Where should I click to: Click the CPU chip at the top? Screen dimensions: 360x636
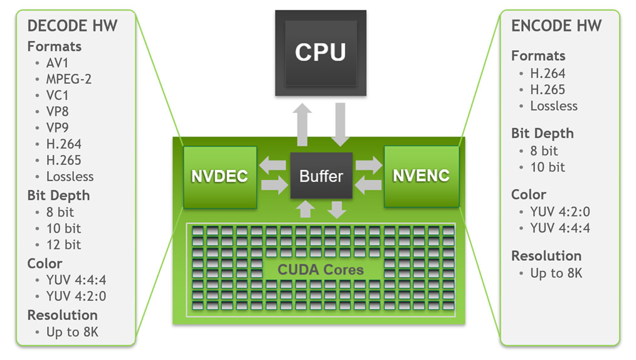(321, 52)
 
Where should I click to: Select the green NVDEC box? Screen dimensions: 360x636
(220, 176)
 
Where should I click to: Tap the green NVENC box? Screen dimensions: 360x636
(421, 176)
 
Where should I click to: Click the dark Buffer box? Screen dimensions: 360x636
(321, 176)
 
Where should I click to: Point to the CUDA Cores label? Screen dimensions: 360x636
(321, 270)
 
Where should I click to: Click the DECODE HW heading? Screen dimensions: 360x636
(72, 26)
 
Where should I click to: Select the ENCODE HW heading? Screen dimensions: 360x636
(556, 26)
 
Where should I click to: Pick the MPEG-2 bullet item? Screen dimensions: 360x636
(69, 79)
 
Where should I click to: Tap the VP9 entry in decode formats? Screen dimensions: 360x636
(58, 128)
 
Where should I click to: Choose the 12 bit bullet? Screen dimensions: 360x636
(63, 245)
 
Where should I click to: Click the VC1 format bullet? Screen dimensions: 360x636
(58, 95)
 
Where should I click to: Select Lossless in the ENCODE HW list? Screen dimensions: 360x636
(554, 105)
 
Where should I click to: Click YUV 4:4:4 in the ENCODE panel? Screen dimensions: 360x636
(560, 228)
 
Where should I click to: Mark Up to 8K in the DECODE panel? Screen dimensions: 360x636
(72, 332)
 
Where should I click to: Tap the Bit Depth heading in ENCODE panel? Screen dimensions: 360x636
(542, 134)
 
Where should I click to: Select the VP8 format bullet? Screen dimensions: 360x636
(58, 112)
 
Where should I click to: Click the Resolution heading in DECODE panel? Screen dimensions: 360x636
(63, 315)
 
